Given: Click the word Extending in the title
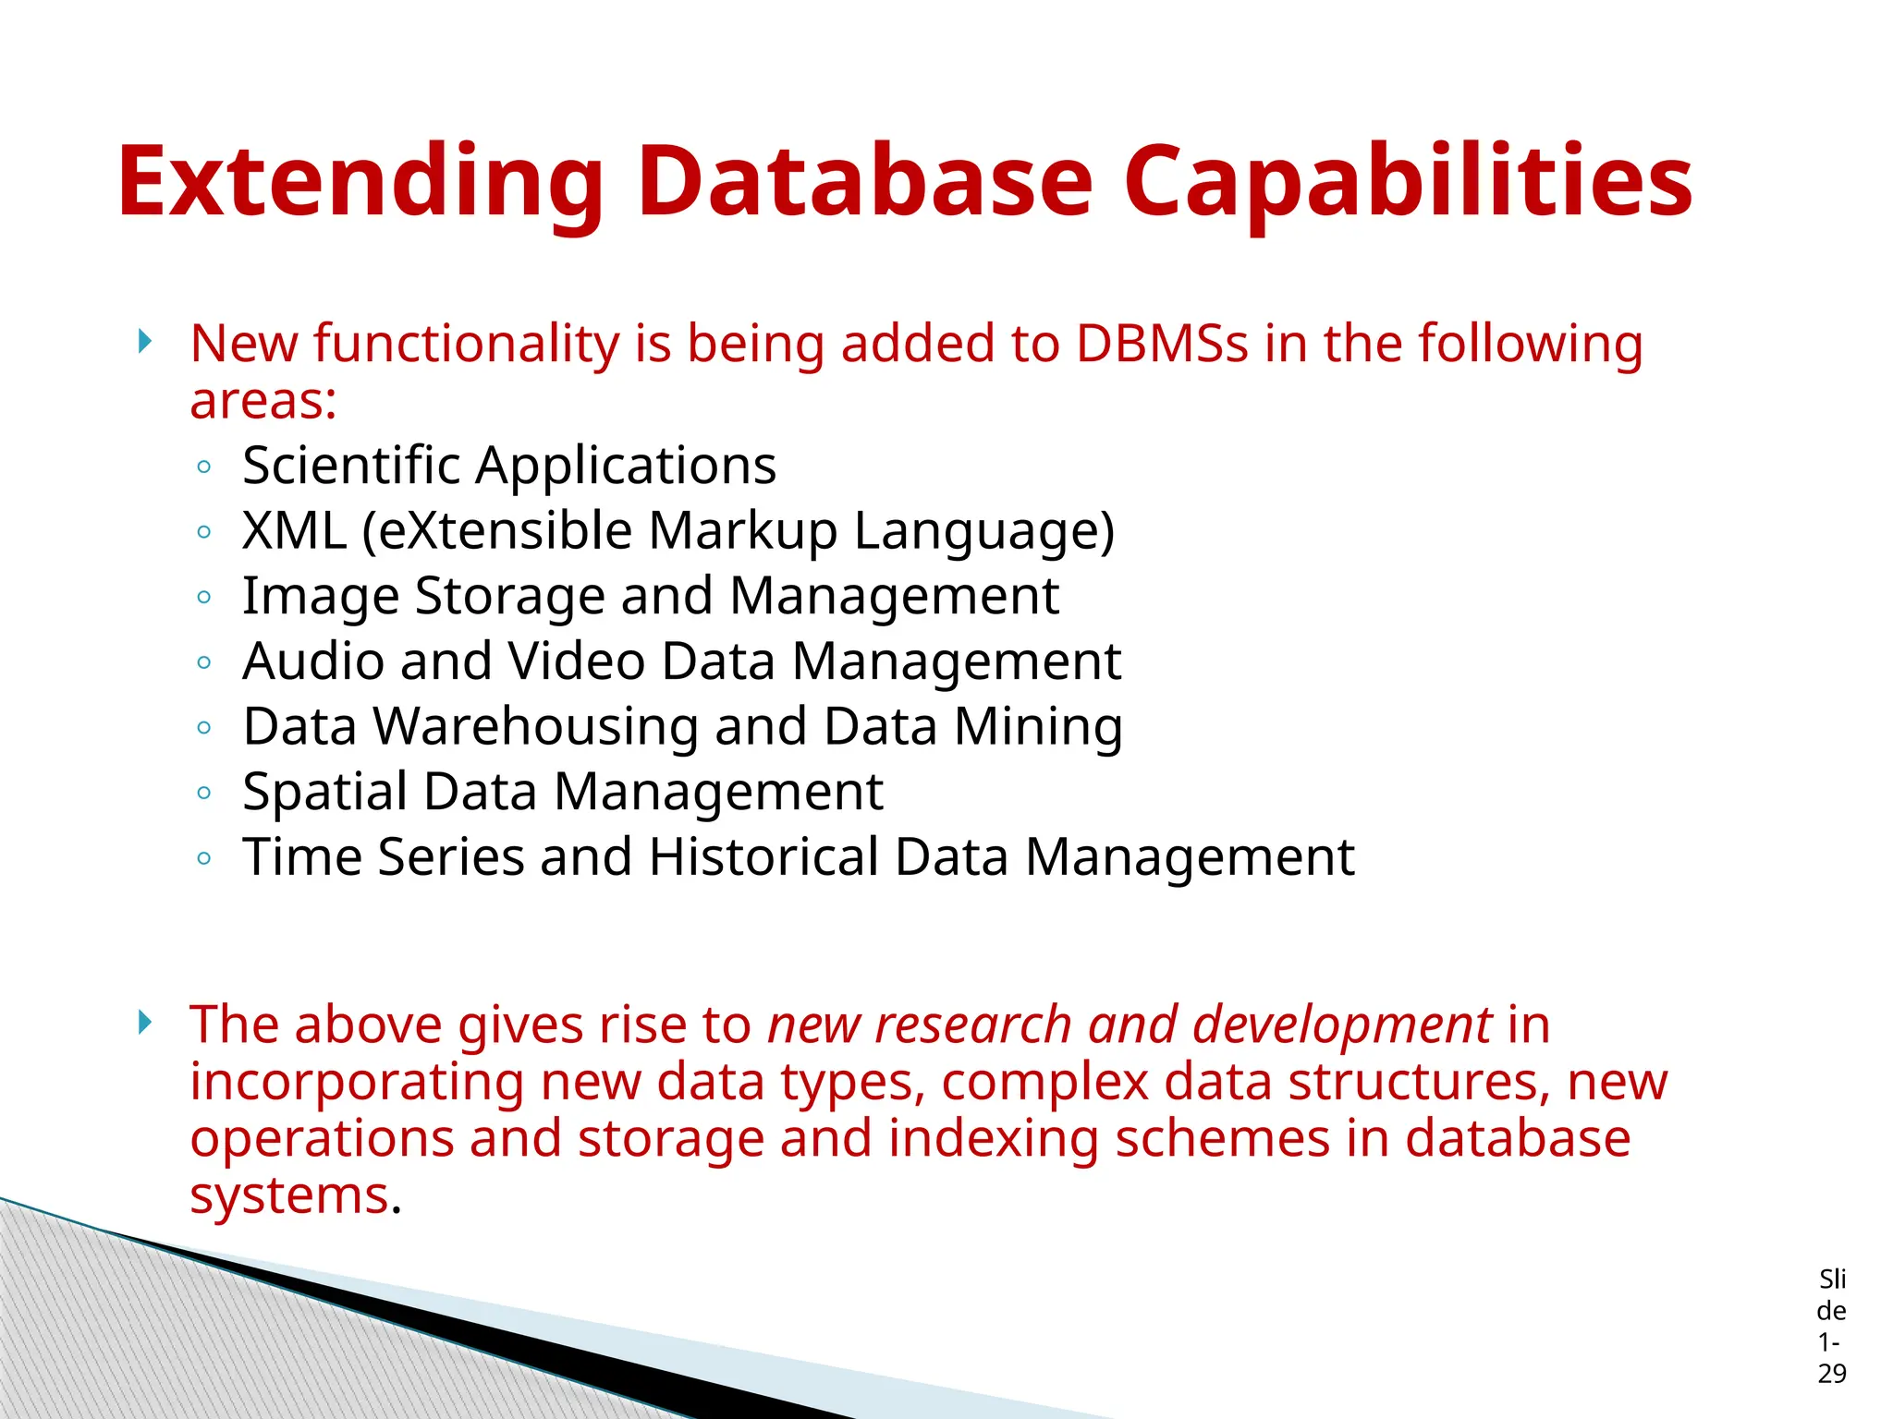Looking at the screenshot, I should tap(360, 182).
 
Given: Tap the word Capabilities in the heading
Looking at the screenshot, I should tap(1407, 182).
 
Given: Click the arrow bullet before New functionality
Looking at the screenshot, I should tap(144, 342).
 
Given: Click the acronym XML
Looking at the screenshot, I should tap(294, 530).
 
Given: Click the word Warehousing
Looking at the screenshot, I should tap(535, 726).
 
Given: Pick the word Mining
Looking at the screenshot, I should tap(1038, 726).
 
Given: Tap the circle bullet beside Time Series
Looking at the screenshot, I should tap(204, 858).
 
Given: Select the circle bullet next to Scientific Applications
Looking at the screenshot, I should tap(204, 467).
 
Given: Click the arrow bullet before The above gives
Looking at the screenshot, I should tap(144, 1022).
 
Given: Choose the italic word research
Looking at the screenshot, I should tap(972, 1025).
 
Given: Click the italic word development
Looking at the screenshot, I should tap(1342, 1025).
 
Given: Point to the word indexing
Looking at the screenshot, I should tap(993, 1138).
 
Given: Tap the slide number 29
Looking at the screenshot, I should tap(1831, 1374).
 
